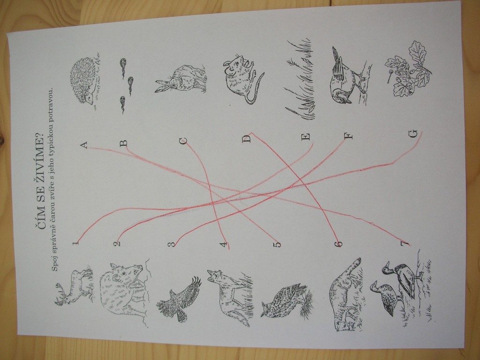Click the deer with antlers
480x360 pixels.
[x=74, y=286]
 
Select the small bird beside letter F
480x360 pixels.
[x=347, y=78]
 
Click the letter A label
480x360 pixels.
[x=84, y=145]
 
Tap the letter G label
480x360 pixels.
[x=413, y=134]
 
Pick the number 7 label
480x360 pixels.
[x=405, y=244]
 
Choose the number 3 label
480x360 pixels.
[x=172, y=244]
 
